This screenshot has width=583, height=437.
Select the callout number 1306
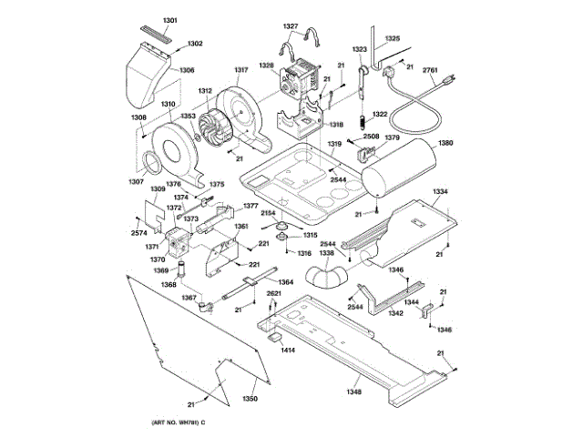(x=186, y=70)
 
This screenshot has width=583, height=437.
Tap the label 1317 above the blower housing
(x=241, y=70)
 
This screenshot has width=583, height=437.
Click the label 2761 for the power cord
(x=431, y=69)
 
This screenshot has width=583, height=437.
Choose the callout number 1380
(x=445, y=143)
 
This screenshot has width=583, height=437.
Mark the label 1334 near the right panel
(x=440, y=191)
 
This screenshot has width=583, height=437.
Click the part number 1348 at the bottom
(x=353, y=392)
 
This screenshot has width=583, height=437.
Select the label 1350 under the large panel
(x=250, y=399)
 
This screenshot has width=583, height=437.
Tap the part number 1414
(x=288, y=350)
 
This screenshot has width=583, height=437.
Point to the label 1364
(x=285, y=282)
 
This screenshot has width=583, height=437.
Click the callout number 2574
(x=138, y=233)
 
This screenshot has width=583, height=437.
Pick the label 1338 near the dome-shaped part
(x=326, y=254)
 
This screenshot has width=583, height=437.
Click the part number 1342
(x=395, y=312)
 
